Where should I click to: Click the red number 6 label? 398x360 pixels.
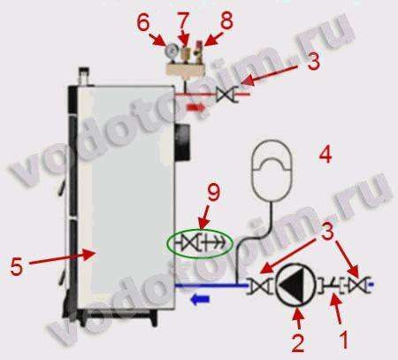point(143,23)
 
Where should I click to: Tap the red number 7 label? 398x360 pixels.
point(183,20)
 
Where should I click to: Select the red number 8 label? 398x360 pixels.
point(226,20)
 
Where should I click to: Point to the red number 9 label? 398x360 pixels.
point(214,193)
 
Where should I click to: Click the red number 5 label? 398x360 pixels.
point(17,266)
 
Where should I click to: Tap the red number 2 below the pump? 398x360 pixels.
point(297,342)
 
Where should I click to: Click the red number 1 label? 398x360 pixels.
point(344,340)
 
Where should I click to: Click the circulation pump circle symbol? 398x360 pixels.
point(295,286)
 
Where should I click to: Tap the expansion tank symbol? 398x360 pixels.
point(272,171)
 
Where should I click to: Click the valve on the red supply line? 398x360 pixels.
point(224,95)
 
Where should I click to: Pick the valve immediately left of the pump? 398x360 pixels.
point(260,286)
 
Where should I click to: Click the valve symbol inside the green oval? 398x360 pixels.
point(189,243)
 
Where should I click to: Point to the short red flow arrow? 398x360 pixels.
point(196,108)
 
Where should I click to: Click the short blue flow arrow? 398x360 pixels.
point(200,299)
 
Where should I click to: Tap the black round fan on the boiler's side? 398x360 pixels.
point(183,142)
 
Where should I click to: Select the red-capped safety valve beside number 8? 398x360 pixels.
point(200,53)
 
